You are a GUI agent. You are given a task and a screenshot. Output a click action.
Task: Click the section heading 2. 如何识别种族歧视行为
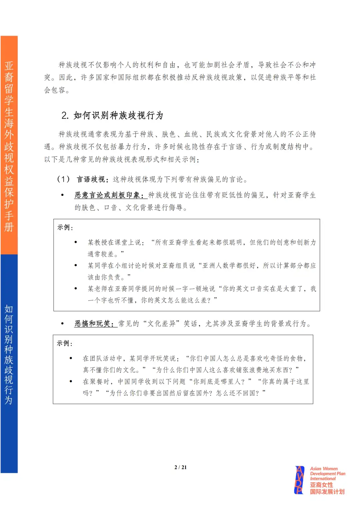pyautogui.click(x=112, y=115)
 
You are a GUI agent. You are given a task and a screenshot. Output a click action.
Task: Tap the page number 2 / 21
pyautogui.click(x=180, y=467)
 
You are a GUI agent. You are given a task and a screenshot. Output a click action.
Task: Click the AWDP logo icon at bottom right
pyautogui.click(x=300, y=480)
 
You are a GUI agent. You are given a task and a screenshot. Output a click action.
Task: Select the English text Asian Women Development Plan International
pyautogui.click(x=327, y=473)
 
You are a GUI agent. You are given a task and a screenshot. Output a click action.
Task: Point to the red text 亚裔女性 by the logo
pyautogui.click(x=321, y=485)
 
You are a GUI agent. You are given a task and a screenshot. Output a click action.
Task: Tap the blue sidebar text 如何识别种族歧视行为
pyautogui.click(x=9, y=354)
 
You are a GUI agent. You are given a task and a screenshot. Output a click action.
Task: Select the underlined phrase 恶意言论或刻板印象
pyautogui.click(x=109, y=195)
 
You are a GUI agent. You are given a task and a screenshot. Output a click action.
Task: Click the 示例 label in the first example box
pyautogui.click(x=64, y=228)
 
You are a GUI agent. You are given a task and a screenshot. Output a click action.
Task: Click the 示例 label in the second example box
pyautogui.click(x=64, y=343)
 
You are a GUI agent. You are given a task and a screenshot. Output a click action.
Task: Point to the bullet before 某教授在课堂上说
pyautogui.click(x=76, y=243)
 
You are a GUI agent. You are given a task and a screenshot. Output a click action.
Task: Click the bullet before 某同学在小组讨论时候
pyautogui.click(x=76, y=265)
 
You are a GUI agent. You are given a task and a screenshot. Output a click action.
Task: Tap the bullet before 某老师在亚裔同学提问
pyautogui.click(x=76, y=289)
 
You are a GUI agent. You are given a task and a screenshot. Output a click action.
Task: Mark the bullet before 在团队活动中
pyautogui.click(x=71, y=358)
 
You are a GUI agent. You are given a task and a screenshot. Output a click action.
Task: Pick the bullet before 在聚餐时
pyautogui.click(x=71, y=381)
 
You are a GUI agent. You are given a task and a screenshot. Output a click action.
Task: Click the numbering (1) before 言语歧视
pyautogui.click(x=63, y=179)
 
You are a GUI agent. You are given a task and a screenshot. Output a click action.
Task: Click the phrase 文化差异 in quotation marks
pyautogui.click(x=162, y=324)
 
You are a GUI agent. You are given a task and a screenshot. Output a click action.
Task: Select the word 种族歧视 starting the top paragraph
pyautogui.click(x=73, y=65)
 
